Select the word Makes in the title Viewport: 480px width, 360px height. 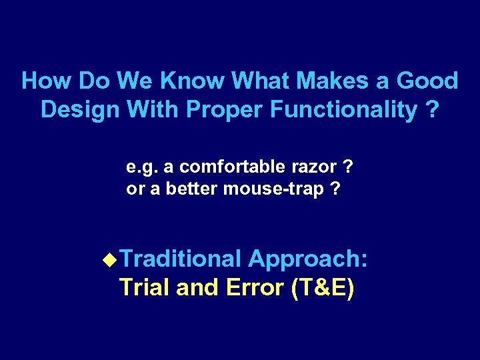(331, 81)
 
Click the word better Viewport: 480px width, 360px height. (191, 189)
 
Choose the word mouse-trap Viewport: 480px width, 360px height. (272, 190)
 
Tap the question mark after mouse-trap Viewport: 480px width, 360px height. (335, 189)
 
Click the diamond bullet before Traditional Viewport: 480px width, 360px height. (112, 259)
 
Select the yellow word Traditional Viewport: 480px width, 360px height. (181, 259)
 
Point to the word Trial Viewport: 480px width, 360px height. (145, 288)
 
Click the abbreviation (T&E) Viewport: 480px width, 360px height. (323, 288)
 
